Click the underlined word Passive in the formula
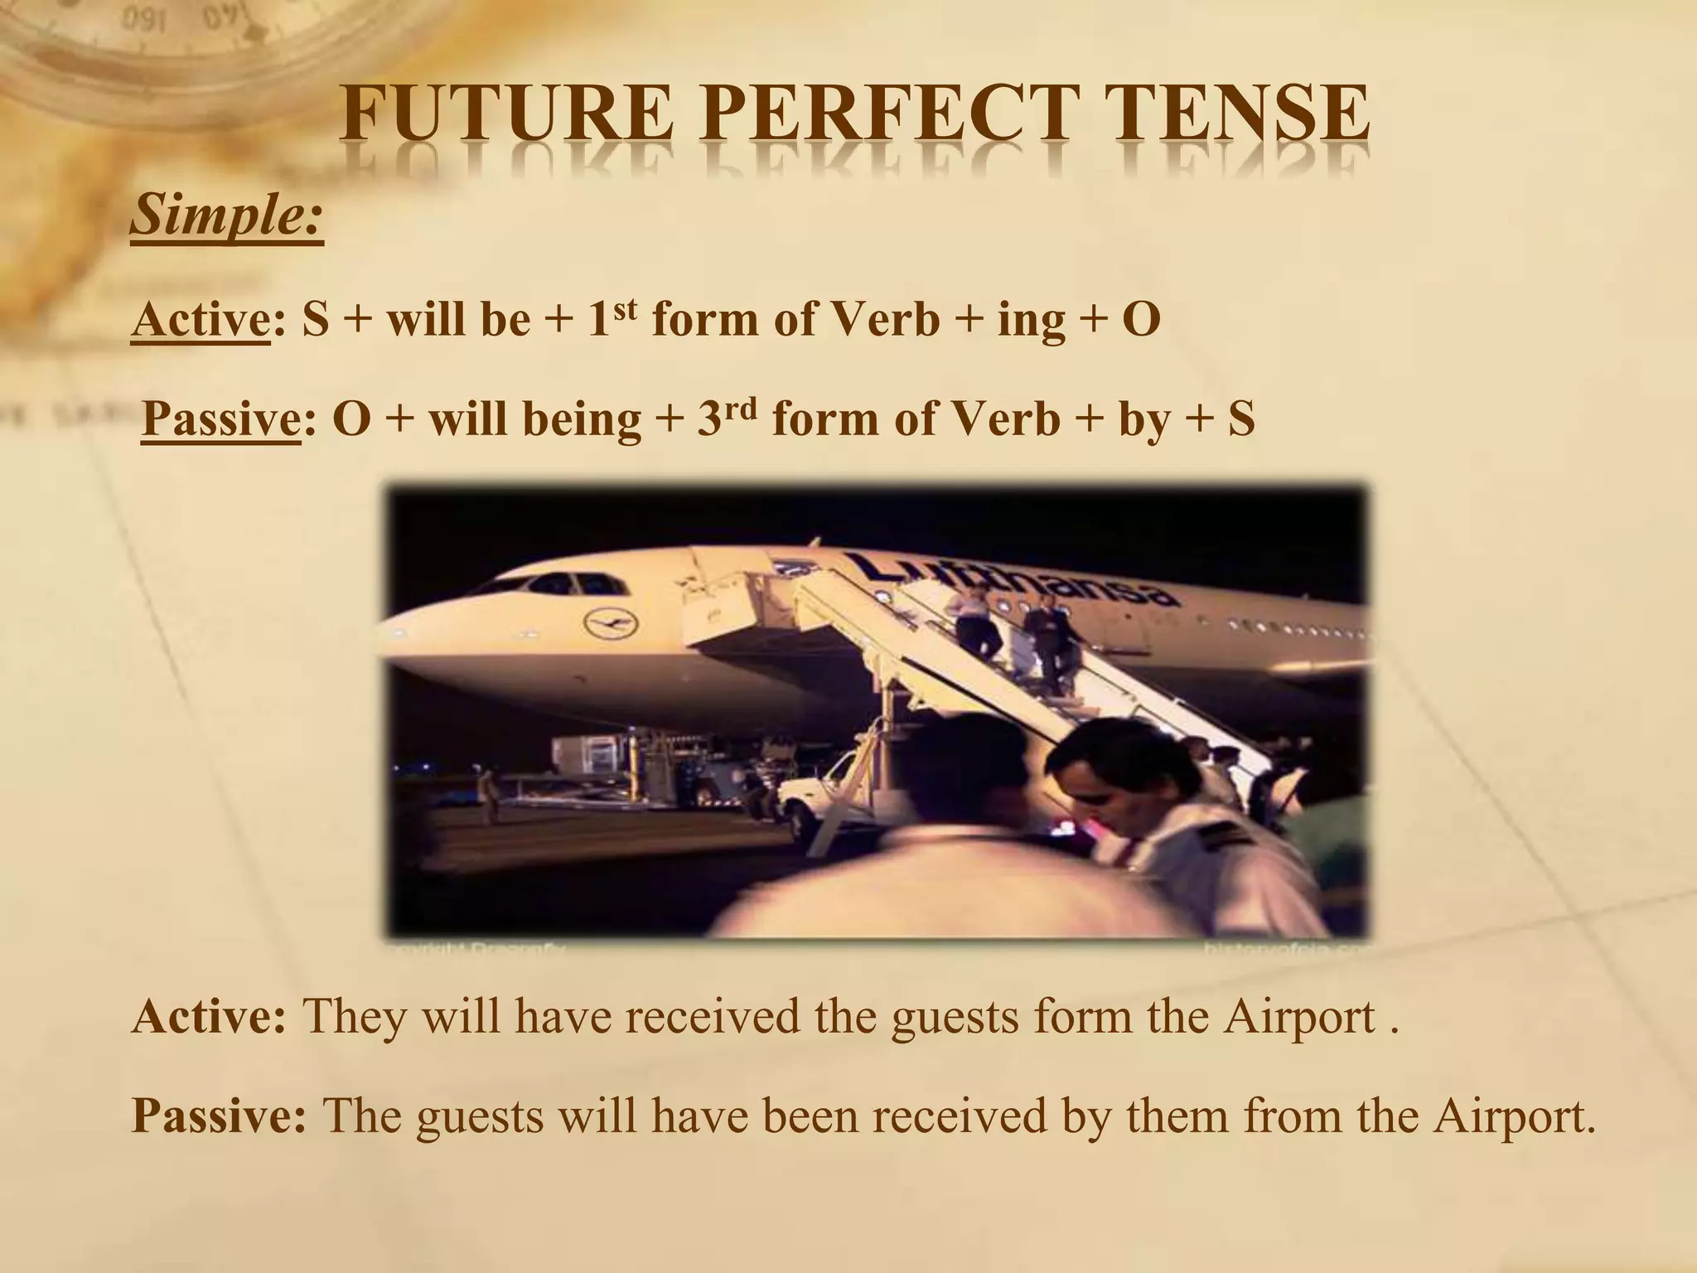[x=220, y=419]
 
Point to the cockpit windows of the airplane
[x=572, y=586]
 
